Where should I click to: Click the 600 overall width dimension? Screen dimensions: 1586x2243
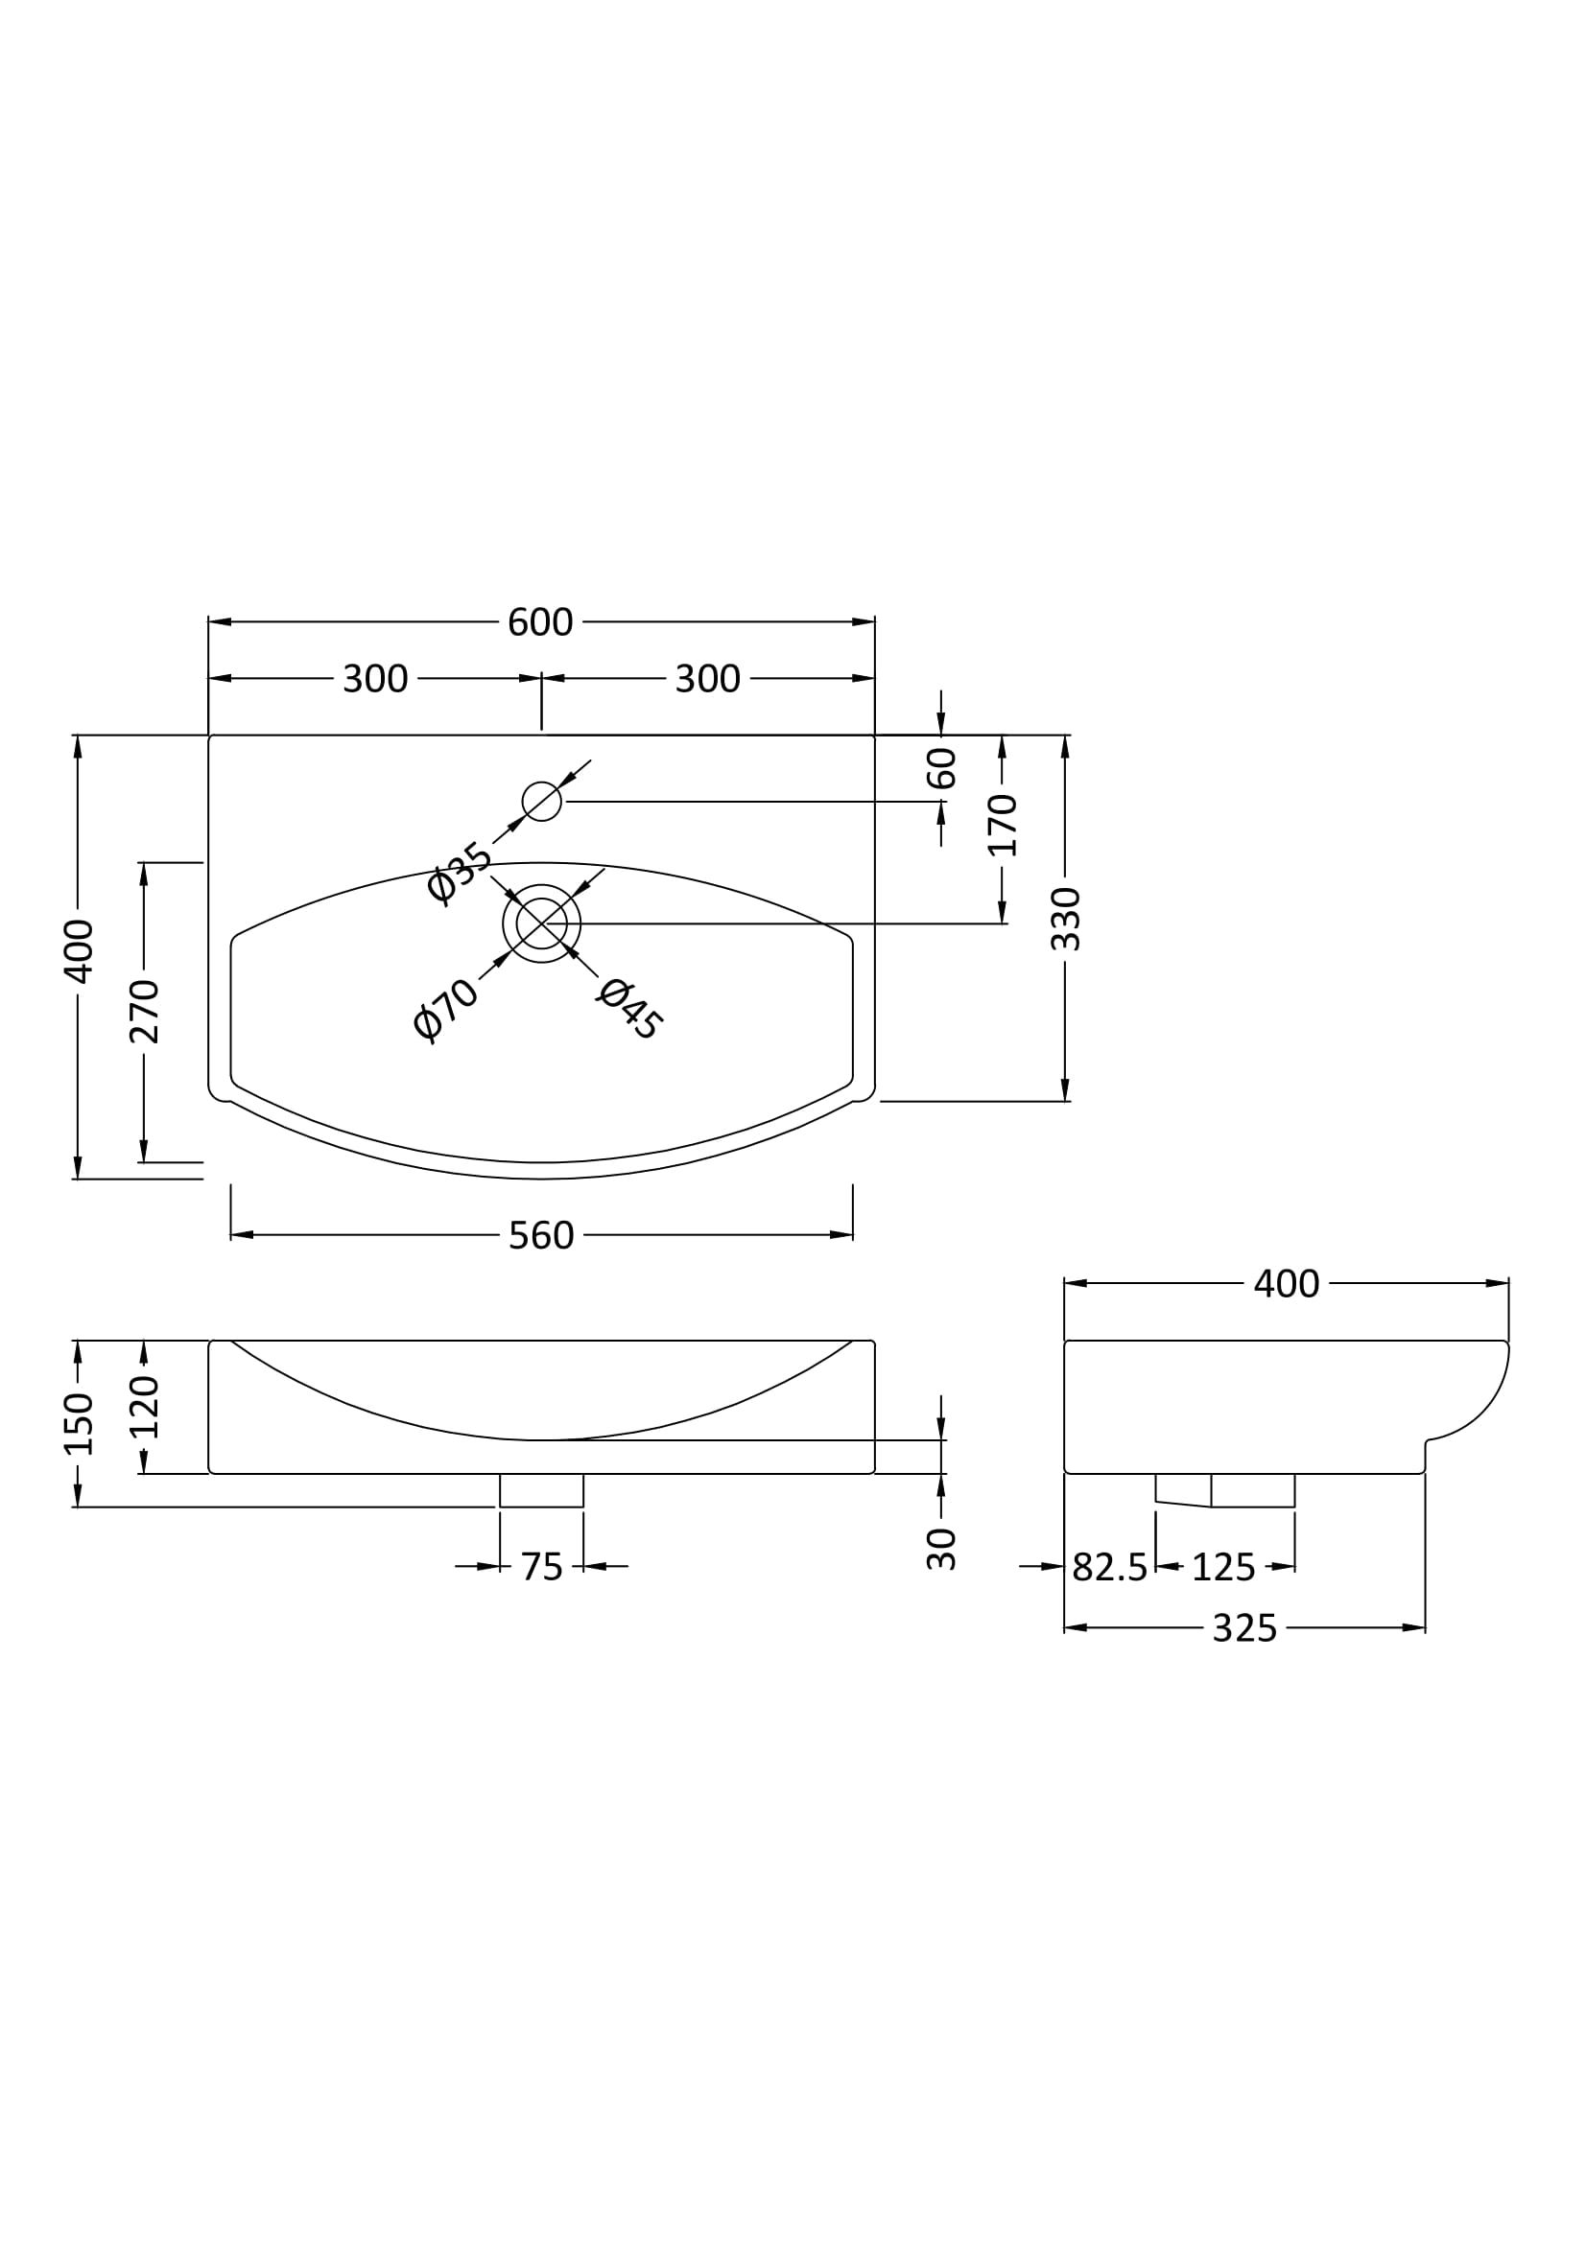coord(539,622)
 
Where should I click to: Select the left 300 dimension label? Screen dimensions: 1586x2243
coord(375,679)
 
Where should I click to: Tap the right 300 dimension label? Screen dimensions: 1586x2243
coord(707,679)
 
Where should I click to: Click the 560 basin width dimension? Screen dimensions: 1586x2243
coord(541,1236)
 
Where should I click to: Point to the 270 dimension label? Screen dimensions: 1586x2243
coord(144,1011)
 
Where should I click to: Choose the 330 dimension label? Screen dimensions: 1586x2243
coord(1065,920)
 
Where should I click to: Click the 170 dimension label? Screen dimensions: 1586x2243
coord(1003,826)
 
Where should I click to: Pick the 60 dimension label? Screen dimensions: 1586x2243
coord(941,768)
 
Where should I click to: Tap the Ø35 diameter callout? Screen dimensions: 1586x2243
coord(460,873)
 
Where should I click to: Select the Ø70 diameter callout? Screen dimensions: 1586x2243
coord(445,1010)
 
